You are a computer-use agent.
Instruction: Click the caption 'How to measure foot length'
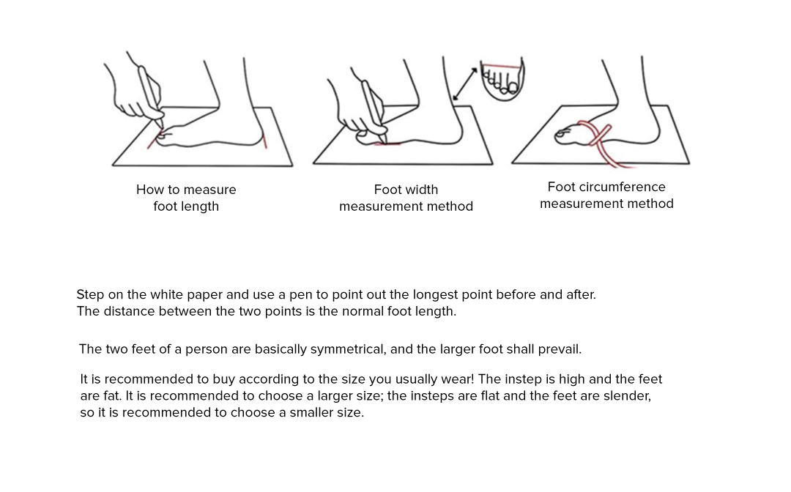tap(186, 198)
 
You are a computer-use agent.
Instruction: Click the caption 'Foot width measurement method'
tap(406, 198)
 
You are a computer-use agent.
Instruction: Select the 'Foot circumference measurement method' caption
tap(606, 195)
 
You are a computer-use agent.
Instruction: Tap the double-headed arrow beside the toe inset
tap(464, 83)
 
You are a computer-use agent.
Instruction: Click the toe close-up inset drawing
tap(502, 78)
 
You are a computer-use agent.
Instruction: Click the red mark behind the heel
tap(265, 141)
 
